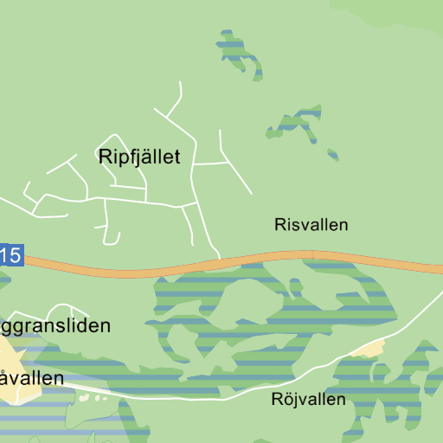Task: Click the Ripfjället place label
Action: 139,157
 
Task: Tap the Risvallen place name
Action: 311,225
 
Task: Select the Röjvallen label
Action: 308,400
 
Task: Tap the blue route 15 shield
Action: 10,256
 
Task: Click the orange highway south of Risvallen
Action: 311,255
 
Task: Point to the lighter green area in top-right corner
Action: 389,10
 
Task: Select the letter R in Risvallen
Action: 280,225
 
